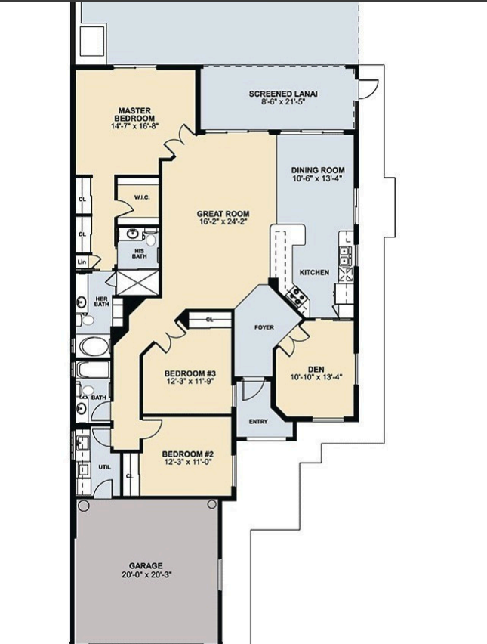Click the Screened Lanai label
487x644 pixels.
point(283,94)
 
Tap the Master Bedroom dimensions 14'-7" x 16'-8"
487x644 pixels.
point(134,126)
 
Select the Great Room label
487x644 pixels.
point(223,214)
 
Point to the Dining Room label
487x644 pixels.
point(318,170)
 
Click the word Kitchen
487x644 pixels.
point(314,272)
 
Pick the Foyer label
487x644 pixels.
point(264,327)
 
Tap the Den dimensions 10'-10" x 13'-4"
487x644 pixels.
point(316,376)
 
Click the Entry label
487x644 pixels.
point(258,421)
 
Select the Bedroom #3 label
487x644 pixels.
point(190,373)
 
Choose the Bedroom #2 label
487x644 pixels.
point(188,454)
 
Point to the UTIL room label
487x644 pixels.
point(105,467)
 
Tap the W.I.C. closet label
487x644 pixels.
point(142,197)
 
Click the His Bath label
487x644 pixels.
point(139,253)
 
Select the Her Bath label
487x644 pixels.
point(102,302)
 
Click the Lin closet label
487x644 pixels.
point(82,262)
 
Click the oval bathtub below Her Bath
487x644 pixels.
point(94,346)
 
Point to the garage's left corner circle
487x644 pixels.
point(83,506)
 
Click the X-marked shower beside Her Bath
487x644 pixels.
point(137,282)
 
